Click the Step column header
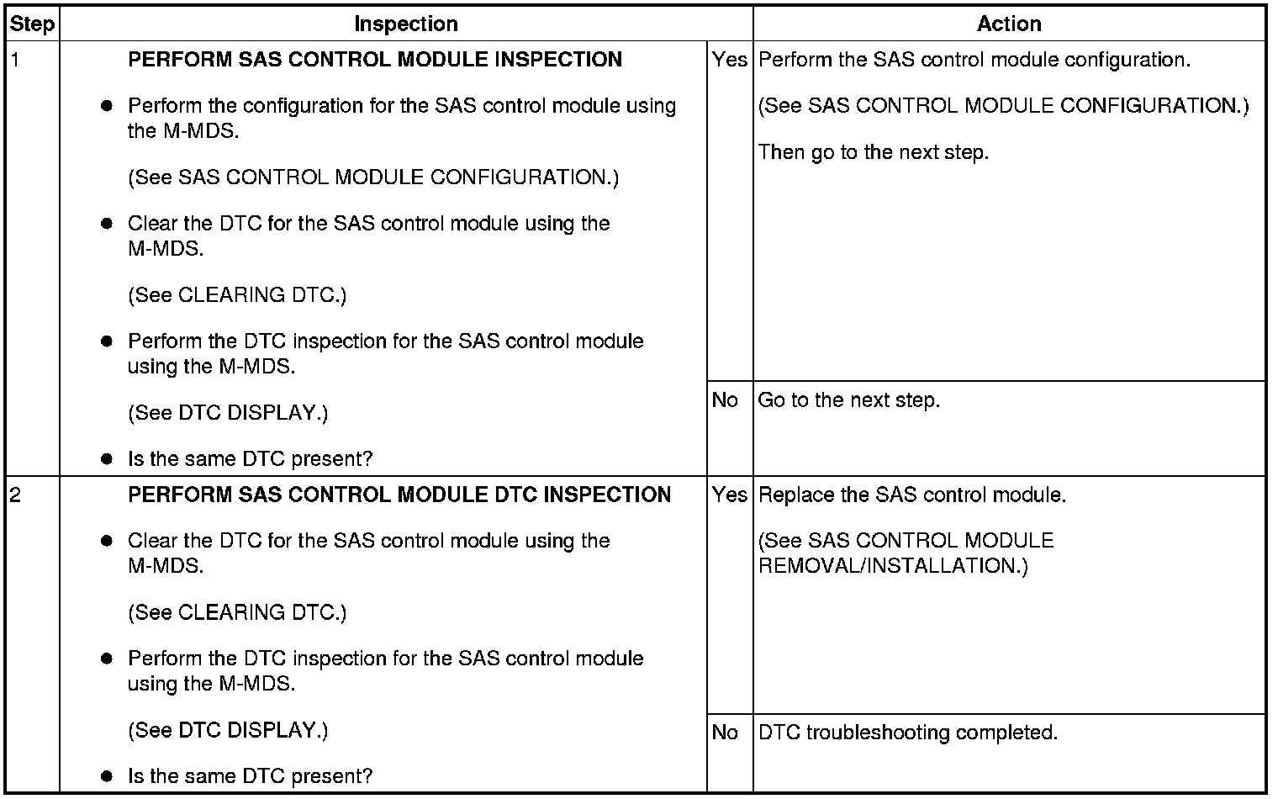[32, 24]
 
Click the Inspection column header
[406, 24]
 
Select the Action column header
[1009, 24]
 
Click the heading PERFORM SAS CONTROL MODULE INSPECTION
[375, 60]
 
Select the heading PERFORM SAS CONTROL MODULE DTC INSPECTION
[399, 495]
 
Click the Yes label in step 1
[729, 60]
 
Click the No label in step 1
[725, 400]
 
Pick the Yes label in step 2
[729, 495]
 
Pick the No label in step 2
[725, 733]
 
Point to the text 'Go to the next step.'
[849, 400]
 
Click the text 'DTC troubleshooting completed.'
[908, 733]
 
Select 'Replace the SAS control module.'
[912, 495]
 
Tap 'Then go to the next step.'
[874, 152]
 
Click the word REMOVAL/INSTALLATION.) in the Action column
[893, 566]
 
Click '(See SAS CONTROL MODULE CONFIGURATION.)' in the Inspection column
[373, 177]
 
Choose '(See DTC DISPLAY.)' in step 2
[228, 730]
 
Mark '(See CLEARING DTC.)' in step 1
[237, 295]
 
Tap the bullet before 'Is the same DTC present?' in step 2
[107, 776]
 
